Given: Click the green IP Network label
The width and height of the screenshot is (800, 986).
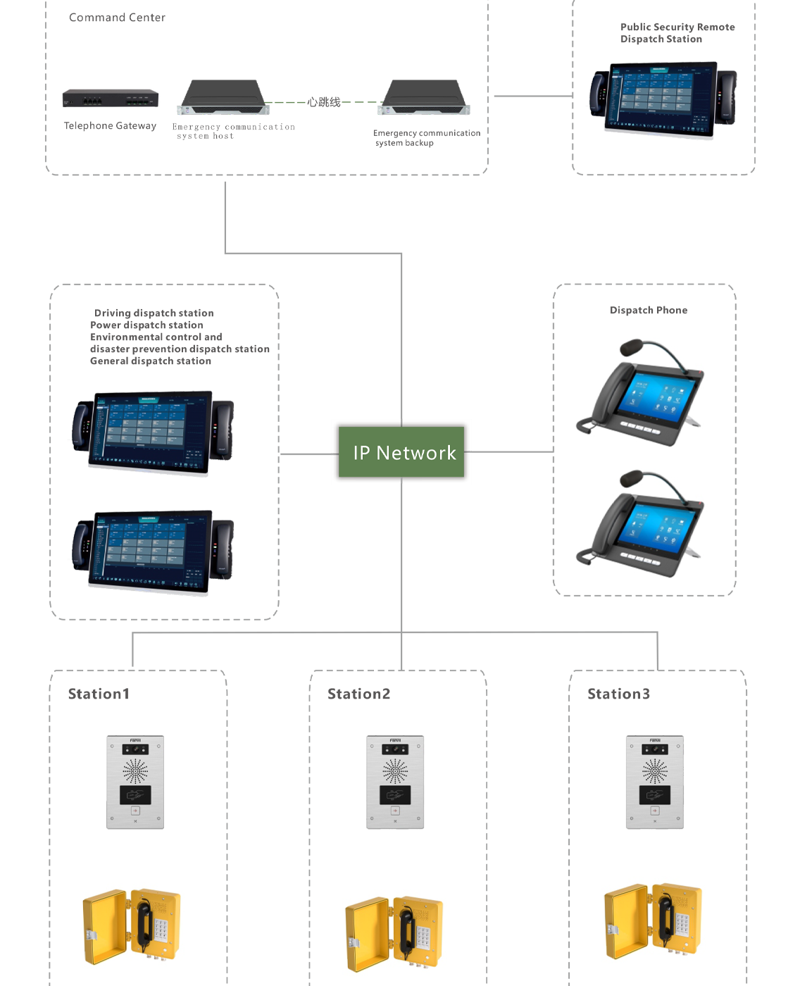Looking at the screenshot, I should (x=401, y=452).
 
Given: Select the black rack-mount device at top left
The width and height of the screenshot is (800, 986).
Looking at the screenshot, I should (x=110, y=99).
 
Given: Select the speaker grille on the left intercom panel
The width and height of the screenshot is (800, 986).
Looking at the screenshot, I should (x=135, y=770).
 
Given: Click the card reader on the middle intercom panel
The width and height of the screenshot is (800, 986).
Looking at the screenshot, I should (x=395, y=795).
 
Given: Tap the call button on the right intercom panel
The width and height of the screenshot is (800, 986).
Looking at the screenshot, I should (x=654, y=811).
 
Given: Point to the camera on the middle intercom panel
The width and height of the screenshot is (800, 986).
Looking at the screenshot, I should (x=395, y=749).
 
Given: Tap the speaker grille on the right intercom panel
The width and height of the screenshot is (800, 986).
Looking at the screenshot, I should (x=654, y=770).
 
